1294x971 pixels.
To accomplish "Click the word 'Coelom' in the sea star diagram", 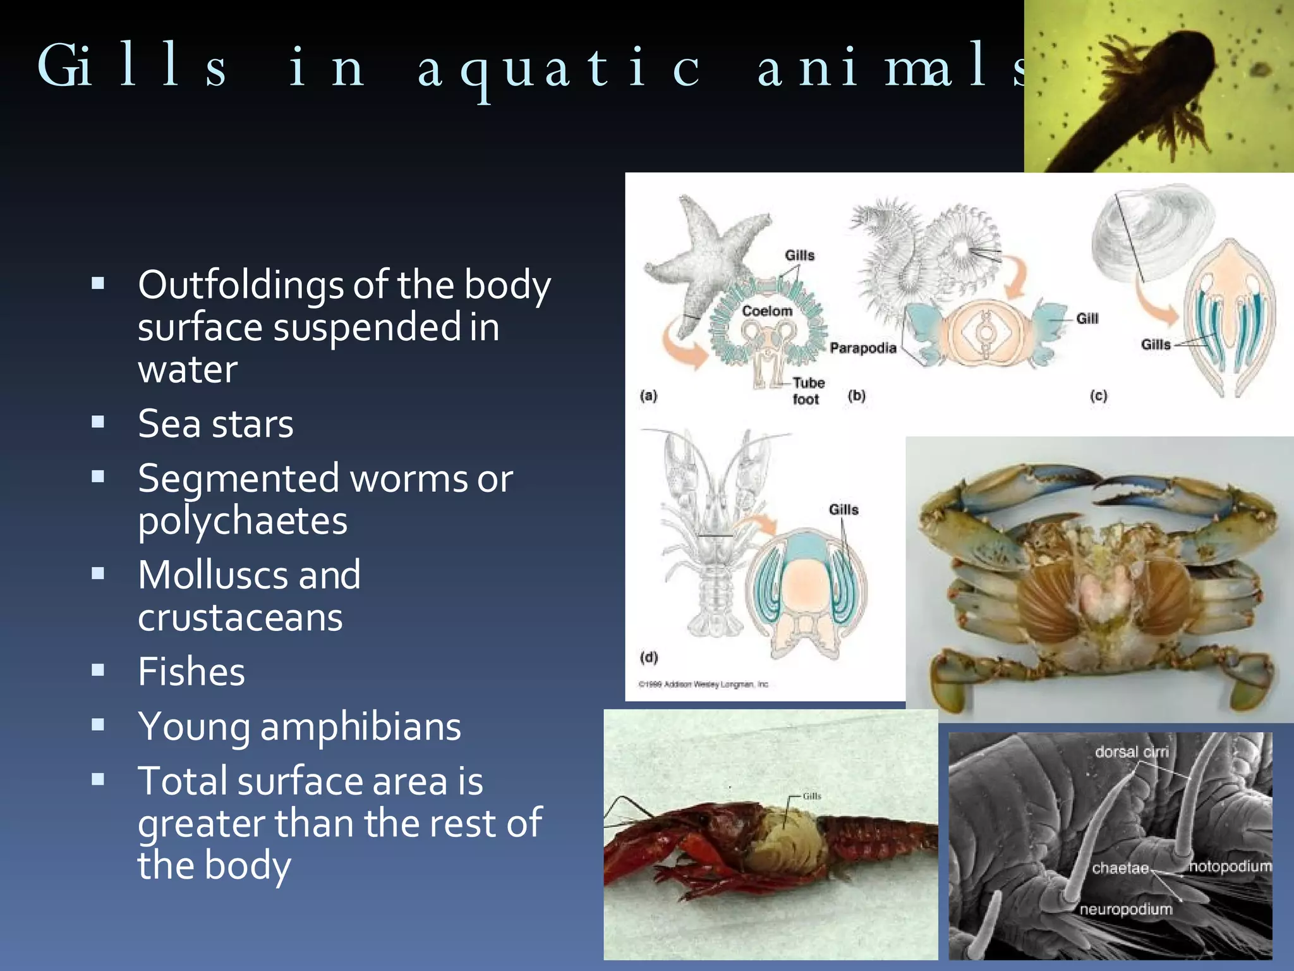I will pos(766,311).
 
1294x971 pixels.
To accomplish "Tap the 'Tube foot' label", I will pos(807,391).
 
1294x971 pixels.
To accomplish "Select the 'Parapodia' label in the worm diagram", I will pos(862,348).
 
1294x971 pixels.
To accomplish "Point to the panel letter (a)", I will pos(648,396).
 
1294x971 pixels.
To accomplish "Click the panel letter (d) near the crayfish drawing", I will pos(649,657).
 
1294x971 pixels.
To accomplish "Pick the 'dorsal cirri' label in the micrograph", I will pos(1131,752).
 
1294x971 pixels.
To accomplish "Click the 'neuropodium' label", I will pos(1125,909).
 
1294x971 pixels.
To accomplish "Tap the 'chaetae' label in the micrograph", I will pos(1120,868).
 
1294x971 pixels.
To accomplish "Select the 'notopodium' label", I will pos(1230,866).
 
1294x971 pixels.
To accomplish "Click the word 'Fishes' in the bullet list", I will pos(191,671).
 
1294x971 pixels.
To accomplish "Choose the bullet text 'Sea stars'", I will pos(215,424).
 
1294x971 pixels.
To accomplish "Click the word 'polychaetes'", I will pos(243,521).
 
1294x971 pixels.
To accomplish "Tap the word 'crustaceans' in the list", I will pos(240,618).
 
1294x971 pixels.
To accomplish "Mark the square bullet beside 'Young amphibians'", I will pos(98,725).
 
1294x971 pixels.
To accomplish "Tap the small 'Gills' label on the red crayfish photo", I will pos(811,796).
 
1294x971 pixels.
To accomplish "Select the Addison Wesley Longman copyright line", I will pos(703,684).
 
